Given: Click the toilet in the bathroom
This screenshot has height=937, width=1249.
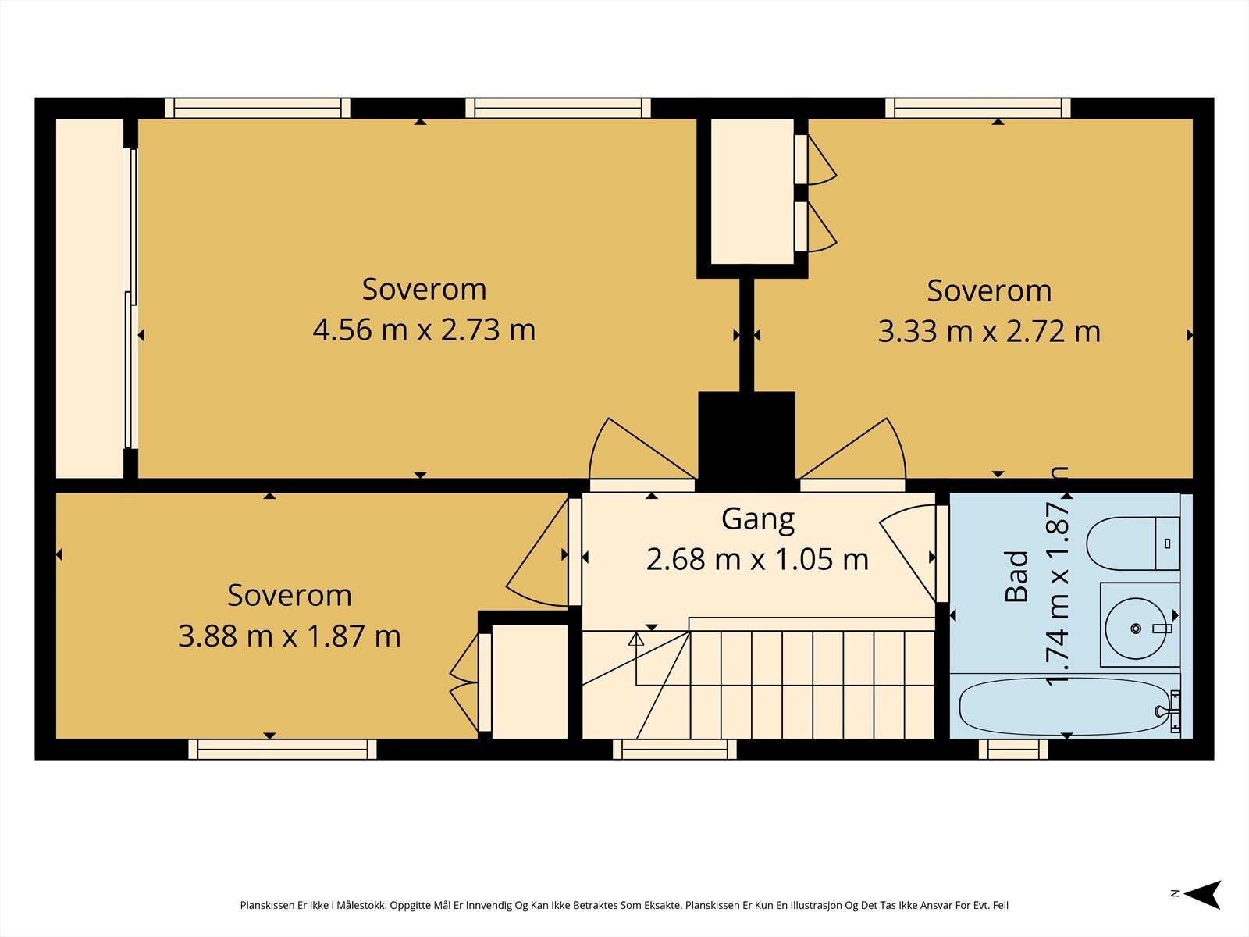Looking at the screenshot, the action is pos(1133,543).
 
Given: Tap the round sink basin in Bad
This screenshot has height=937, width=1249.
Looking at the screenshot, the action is pos(1137,628).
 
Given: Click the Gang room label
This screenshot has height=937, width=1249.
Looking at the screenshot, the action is pos(758,519).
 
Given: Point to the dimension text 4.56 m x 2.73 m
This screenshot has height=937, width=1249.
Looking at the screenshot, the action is pos(424,330).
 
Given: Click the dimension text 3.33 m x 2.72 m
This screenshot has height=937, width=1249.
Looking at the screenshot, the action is pos(989,332).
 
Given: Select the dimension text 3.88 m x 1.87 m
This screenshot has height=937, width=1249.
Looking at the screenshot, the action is pos(290,636).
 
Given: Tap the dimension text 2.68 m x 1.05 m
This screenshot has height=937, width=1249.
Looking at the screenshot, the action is pos(757,559).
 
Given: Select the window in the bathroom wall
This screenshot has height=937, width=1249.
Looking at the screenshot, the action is pos(1013,750).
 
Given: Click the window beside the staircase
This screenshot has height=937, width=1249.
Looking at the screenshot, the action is pos(675,750).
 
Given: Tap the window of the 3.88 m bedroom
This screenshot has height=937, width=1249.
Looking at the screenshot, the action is pos(283,750).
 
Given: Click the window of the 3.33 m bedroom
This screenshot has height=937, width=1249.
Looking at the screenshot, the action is pos(977,108).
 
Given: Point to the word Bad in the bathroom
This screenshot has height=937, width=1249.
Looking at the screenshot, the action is pos(1017,576).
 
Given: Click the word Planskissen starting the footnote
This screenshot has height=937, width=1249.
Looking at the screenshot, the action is pos(267,905).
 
